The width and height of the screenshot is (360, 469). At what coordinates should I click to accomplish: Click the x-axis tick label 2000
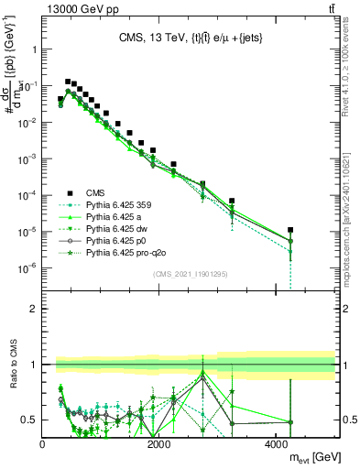159,444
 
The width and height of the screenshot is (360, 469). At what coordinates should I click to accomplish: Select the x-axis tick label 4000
277,444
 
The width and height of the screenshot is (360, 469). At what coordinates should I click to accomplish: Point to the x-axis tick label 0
43,444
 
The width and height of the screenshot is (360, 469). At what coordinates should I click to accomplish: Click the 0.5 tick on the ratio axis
29,420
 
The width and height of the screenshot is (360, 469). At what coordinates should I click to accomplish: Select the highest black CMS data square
68,82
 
